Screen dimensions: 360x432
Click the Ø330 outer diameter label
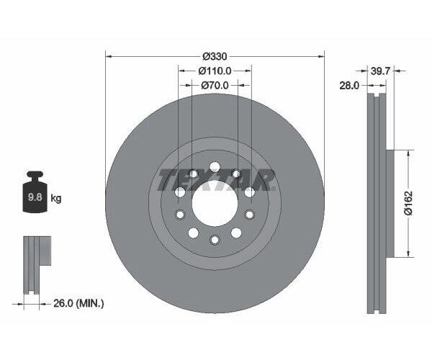tap(215, 56)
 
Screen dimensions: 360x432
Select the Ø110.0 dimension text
tap(215, 71)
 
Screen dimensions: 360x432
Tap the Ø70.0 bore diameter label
tap(215, 85)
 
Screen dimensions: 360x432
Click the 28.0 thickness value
tap(349, 85)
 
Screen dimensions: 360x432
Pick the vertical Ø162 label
tap(407, 203)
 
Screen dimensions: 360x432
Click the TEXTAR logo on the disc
tap(216, 179)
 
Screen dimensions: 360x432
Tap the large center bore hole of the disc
tap(215, 202)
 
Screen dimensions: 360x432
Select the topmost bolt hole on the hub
tap(215, 167)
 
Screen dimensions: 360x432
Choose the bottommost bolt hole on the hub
tap(215, 240)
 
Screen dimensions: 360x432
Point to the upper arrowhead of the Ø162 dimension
tap(410, 153)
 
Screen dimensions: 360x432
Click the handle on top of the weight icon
tap(34, 176)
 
